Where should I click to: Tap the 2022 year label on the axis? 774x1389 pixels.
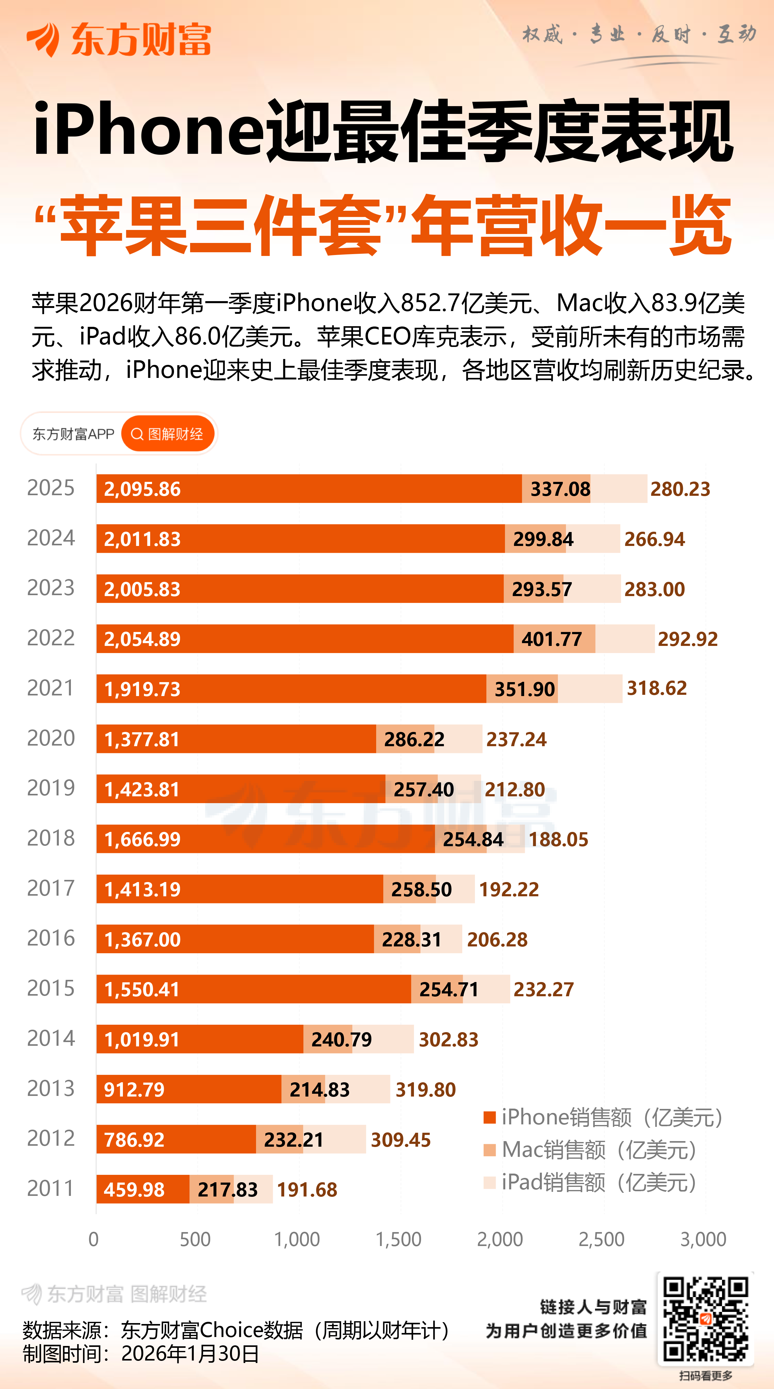[x=51, y=638]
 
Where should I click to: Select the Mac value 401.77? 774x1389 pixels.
[x=551, y=639]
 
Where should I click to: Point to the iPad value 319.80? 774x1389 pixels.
[x=426, y=1090]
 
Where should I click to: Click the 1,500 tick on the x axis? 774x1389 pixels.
[x=398, y=1239]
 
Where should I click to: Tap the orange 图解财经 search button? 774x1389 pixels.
[x=168, y=434]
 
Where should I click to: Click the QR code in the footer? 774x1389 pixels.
[x=705, y=1319]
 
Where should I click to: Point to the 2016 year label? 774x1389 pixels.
[x=51, y=938]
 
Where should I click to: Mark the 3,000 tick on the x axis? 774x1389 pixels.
[x=703, y=1239]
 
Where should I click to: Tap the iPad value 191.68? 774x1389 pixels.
[x=307, y=1189]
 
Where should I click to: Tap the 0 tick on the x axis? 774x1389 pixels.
[x=93, y=1239]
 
